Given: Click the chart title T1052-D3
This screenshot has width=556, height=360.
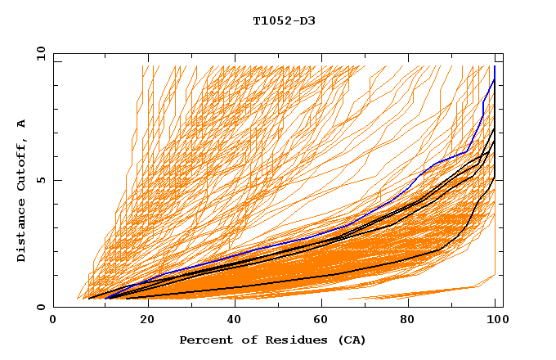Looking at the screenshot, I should pyautogui.click(x=284, y=21).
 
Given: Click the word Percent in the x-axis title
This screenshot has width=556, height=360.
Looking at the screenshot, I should pyautogui.click(x=204, y=340).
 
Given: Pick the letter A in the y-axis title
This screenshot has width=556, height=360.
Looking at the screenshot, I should pyautogui.click(x=21, y=124).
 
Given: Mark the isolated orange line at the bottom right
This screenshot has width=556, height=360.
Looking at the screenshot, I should pyautogui.click(x=425, y=292).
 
